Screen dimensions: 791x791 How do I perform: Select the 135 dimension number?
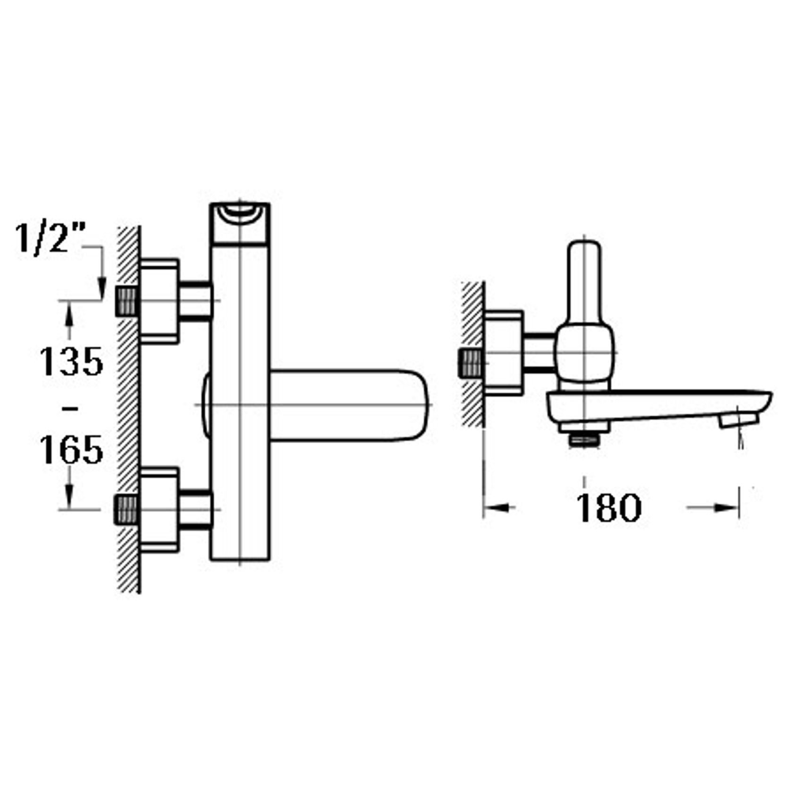[x=71, y=362]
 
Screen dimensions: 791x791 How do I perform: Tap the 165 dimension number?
[x=71, y=449]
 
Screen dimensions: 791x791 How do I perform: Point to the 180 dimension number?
[x=608, y=508]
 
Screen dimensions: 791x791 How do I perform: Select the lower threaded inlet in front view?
[x=126, y=510]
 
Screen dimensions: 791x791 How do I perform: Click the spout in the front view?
[x=349, y=405]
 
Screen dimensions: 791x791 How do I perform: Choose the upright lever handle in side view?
[x=584, y=278]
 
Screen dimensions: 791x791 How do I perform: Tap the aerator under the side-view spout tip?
[x=738, y=419]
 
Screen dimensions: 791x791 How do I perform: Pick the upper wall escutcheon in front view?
[x=159, y=301]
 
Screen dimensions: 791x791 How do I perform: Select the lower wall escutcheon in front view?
[x=159, y=510]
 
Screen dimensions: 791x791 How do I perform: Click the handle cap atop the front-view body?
[x=240, y=223]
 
